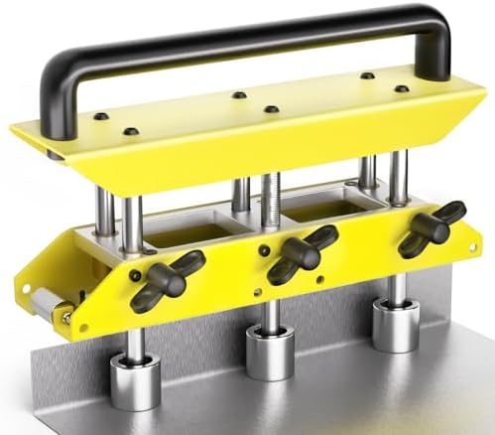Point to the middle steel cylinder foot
tap(271, 351)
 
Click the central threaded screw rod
tap(271, 199)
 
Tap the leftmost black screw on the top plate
tap(100, 117)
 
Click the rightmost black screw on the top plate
tap(401, 89)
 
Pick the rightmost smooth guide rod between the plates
tap(399, 175)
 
